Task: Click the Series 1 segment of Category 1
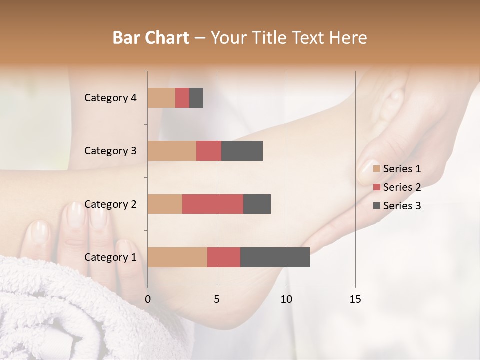[177, 257]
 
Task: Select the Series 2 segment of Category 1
[224, 257]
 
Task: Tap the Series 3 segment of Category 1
[275, 257]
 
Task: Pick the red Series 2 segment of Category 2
[213, 204]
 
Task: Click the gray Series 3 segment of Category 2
[257, 204]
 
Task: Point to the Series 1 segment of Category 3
[172, 151]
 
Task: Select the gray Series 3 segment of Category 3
[242, 151]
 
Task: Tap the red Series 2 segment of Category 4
[182, 98]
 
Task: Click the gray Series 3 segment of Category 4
[196, 98]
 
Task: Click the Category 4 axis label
[110, 98]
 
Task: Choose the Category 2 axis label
[110, 204]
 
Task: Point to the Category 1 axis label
[110, 257]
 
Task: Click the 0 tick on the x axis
[148, 299]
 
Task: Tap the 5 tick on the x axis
[217, 299]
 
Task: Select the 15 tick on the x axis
[355, 299]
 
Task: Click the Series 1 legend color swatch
[377, 169]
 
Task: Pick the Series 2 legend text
[402, 187]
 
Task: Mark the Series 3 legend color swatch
[377, 205]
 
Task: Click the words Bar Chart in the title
[151, 37]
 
